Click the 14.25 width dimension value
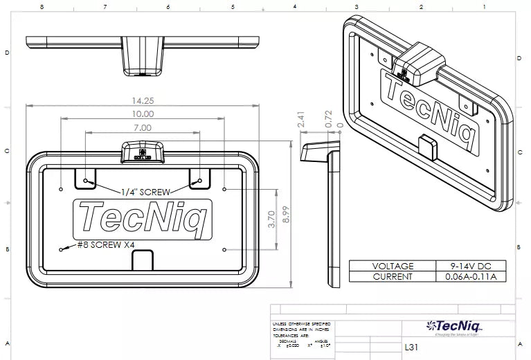coord(143,100)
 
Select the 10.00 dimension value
coord(143,114)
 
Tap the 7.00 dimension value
coord(143,127)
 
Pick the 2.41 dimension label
coord(300,119)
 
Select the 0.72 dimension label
coord(329,118)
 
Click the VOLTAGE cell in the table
coord(393,266)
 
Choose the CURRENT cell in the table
coord(393,277)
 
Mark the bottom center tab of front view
coord(143,259)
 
